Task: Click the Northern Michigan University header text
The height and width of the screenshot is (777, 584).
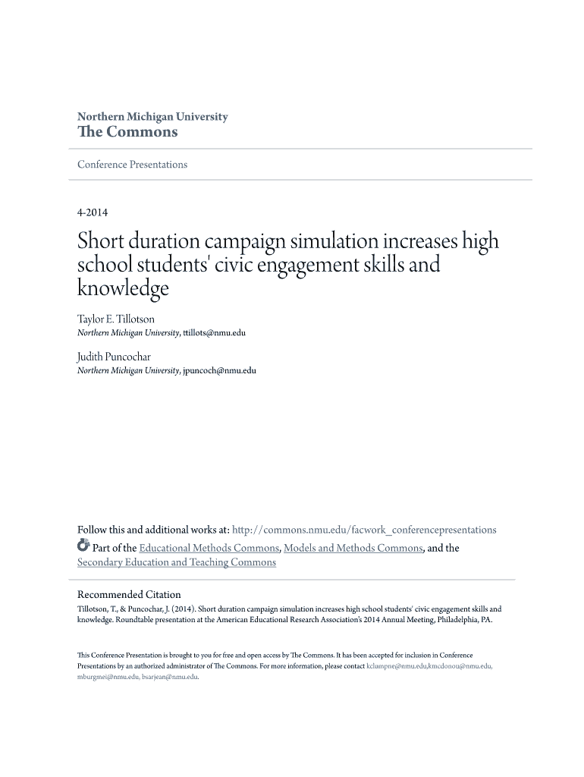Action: [152, 117]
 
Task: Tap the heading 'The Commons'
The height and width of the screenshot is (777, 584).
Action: [127, 132]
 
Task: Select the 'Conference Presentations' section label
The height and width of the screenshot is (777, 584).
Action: [132, 165]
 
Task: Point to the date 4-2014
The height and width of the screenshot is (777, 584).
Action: [93, 213]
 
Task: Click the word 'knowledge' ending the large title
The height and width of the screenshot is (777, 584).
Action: [123, 289]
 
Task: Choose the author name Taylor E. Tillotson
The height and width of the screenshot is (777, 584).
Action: [116, 319]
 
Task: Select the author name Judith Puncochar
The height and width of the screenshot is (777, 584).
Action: [113, 356]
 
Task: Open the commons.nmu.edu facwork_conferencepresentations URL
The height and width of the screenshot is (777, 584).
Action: [364, 530]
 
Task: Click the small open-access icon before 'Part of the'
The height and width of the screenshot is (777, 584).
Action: [83, 546]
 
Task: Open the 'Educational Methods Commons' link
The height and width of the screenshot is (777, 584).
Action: [209, 548]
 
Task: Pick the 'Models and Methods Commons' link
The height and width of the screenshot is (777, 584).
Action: [353, 548]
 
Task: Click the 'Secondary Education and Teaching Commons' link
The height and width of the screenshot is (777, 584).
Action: [177, 562]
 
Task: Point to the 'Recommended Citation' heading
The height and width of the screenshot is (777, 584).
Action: [129, 594]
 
